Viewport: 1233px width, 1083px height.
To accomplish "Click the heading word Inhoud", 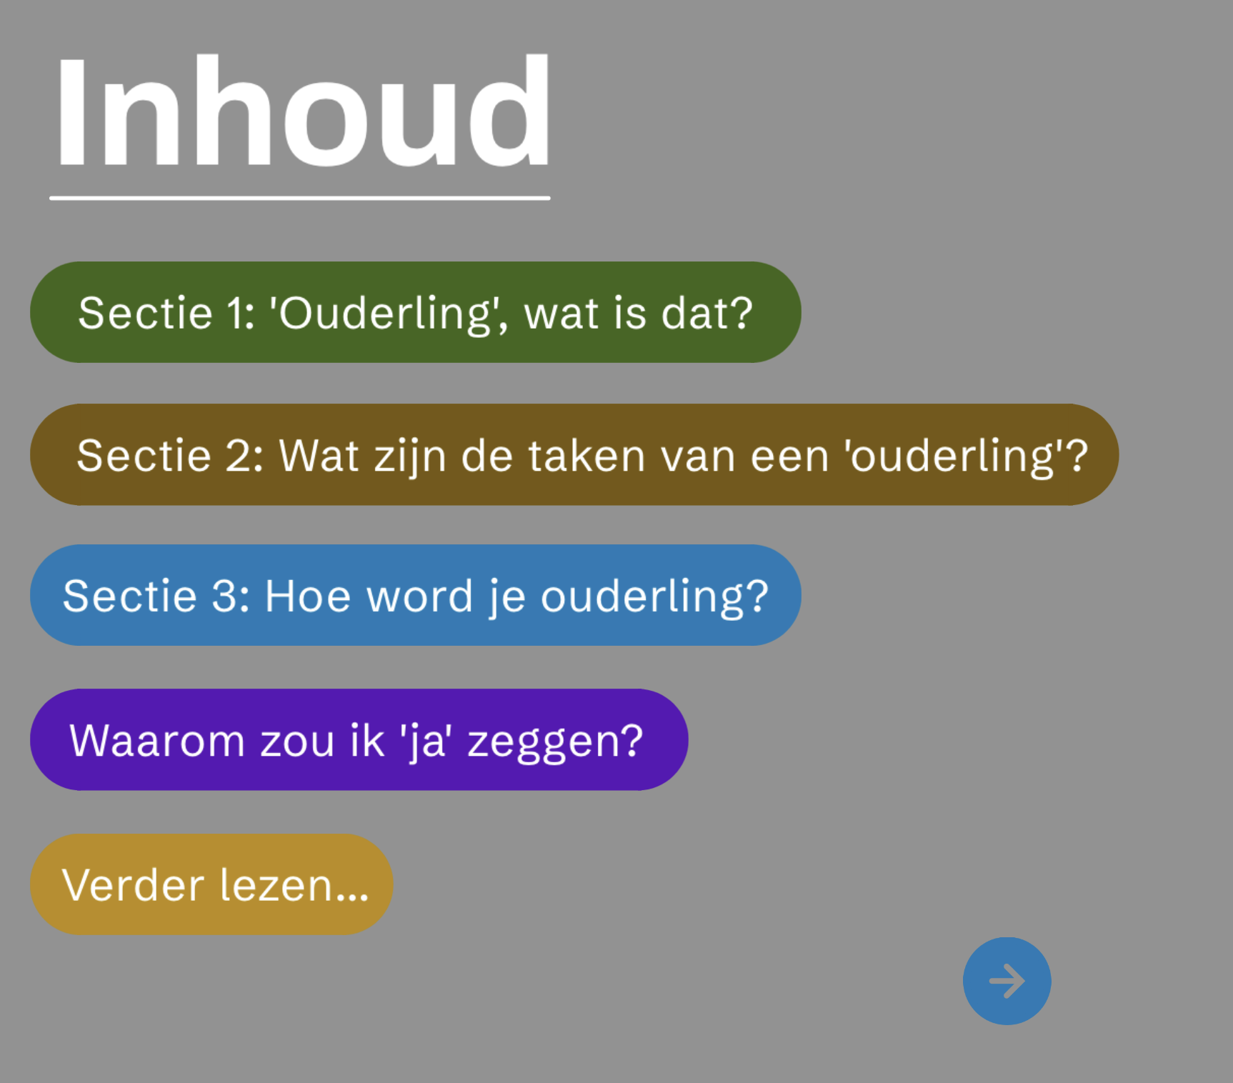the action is click(x=303, y=111).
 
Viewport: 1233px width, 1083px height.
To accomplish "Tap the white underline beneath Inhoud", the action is click(x=300, y=198).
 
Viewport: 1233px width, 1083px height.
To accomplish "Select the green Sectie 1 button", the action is click(x=416, y=312).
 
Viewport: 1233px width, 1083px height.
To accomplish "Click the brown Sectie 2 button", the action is click(x=574, y=454).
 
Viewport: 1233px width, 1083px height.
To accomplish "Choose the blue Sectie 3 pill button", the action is click(x=416, y=595).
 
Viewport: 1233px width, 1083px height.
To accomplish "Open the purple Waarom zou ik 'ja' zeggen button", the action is click(x=359, y=739).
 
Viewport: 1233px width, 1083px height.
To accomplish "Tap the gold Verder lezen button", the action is click(x=211, y=884).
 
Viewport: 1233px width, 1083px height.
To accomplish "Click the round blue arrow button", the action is click(x=1007, y=981).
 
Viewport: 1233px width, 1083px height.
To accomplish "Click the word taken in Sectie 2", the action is click(x=587, y=456).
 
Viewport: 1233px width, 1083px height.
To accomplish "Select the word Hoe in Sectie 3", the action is click(x=308, y=596).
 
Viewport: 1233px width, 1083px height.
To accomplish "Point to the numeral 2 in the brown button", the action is click(x=238, y=455).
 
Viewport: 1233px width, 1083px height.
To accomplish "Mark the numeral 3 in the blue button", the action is click(x=224, y=596).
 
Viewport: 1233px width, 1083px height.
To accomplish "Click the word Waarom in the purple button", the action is click(x=157, y=741).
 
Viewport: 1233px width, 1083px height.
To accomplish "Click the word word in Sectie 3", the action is click(x=420, y=595).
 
